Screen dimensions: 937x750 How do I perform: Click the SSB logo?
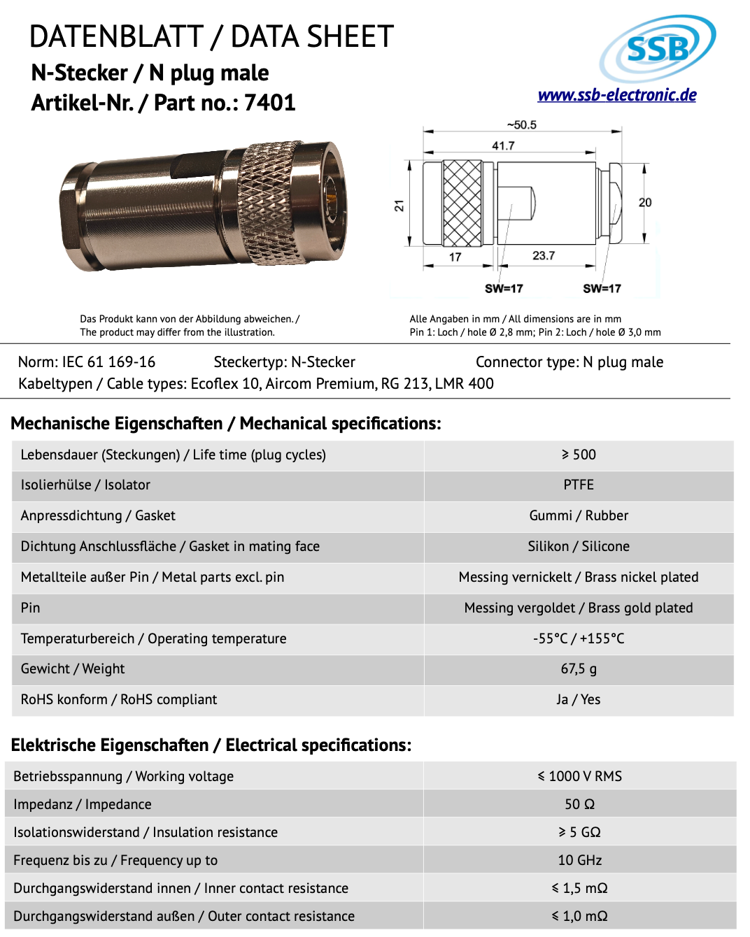pyautogui.click(x=657, y=48)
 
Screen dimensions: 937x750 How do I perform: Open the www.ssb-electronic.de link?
pyautogui.click(x=616, y=95)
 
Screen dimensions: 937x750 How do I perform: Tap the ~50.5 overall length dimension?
pyautogui.click(x=522, y=125)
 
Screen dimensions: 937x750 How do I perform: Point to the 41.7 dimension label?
pyautogui.click(x=503, y=145)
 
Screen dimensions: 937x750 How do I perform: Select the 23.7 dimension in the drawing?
pyautogui.click(x=544, y=256)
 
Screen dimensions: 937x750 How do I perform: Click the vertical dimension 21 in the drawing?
pyautogui.click(x=399, y=206)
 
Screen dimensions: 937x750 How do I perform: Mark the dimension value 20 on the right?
pyautogui.click(x=644, y=202)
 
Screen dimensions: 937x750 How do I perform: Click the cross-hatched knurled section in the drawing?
pyautogui.click(x=462, y=203)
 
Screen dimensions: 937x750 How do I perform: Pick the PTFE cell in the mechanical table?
pyautogui.click(x=579, y=485)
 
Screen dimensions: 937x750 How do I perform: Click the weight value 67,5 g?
pyautogui.click(x=579, y=669)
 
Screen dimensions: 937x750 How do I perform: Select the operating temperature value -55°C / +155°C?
pyautogui.click(x=579, y=638)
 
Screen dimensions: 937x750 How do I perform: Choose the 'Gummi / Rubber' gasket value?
pyautogui.click(x=579, y=516)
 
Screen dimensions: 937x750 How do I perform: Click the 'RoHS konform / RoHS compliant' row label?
pyautogui.click(x=119, y=700)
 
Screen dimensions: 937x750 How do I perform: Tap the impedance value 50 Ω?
pyautogui.click(x=579, y=805)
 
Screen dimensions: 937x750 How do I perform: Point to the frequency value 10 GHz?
pyautogui.click(x=579, y=861)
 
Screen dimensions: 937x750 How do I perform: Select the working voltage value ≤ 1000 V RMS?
pyautogui.click(x=579, y=777)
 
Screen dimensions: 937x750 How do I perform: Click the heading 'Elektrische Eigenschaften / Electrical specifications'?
pyautogui.click(x=211, y=745)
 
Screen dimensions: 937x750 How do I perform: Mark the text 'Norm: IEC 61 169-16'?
pyautogui.click(x=87, y=362)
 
